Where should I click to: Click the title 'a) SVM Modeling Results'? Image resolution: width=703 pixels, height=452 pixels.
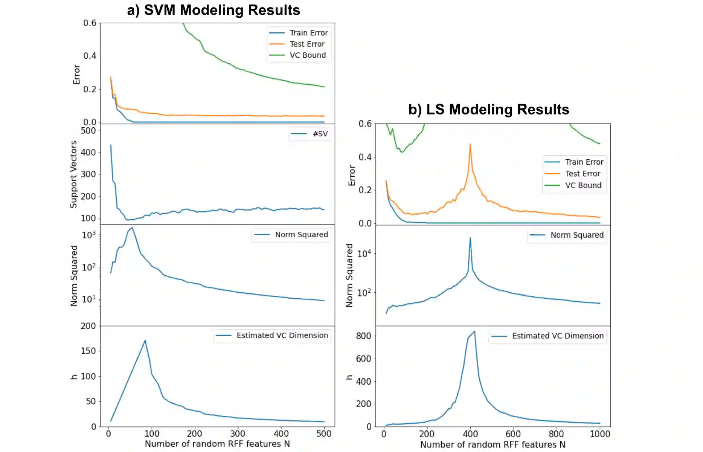point(213,10)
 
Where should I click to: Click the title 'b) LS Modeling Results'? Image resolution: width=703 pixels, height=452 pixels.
point(488,110)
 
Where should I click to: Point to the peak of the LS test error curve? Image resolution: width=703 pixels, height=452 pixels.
point(470,144)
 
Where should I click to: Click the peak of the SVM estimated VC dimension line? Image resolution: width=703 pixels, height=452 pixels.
point(145,341)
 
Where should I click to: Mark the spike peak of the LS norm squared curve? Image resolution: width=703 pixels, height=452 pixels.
point(470,238)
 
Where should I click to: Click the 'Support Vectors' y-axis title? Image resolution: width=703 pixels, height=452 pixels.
point(73,174)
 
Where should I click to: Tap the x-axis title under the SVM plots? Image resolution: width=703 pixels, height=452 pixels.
point(217,444)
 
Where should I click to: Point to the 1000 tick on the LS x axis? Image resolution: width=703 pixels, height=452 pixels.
point(599,434)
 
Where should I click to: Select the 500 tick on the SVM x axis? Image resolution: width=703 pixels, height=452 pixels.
point(324,434)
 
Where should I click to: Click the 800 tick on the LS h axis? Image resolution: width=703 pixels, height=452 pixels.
point(363,336)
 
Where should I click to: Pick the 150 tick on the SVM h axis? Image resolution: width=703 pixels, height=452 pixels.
point(88,351)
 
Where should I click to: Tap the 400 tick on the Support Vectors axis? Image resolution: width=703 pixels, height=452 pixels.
point(88,153)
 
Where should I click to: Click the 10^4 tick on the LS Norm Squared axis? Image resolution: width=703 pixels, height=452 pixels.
point(364,253)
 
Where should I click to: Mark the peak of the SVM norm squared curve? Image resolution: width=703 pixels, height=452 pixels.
point(132,228)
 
